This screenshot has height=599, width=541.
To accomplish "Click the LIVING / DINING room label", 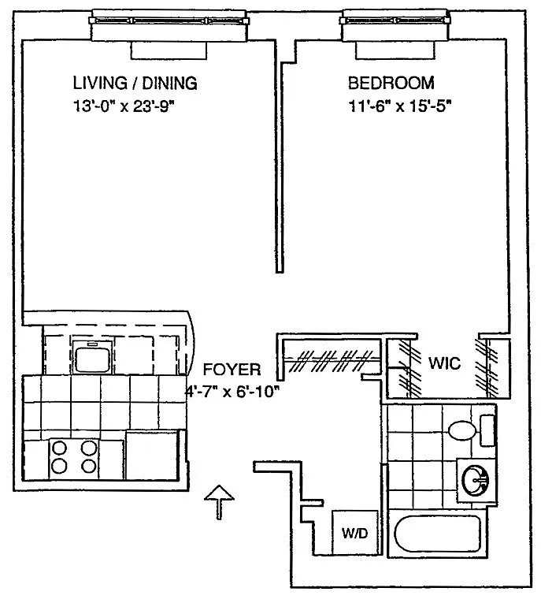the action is pyautogui.click(x=135, y=83).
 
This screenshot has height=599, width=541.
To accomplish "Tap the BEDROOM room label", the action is pyautogui.click(x=391, y=83).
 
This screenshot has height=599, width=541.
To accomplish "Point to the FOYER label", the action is pyautogui.click(x=232, y=370).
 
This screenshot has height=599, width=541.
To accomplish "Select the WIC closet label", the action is pyautogui.click(x=444, y=363).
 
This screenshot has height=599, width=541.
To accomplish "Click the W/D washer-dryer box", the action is pyautogui.click(x=355, y=532).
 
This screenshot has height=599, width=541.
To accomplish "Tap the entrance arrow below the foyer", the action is pyautogui.click(x=219, y=502).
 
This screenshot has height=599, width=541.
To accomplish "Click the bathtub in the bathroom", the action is pyautogui.click(x=437, y=534).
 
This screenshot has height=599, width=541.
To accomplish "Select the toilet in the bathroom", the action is pyautogui.click(x=462, y=430).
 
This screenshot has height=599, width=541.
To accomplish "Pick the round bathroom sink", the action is pyautogui.click(x=476, y=480).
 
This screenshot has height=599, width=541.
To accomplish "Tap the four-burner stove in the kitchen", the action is pyautogui.click(x=74, y=458).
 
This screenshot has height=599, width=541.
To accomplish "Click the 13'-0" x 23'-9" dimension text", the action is pyautogui.click(x=124, y=106).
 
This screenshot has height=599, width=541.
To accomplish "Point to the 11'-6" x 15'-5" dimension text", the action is pyautogui.click(x=400, y=106).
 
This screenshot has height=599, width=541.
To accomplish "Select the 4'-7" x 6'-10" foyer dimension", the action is pyautogui.click(x=232, y=392).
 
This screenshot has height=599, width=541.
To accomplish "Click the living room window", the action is pyautogui.click(x=169, y=20).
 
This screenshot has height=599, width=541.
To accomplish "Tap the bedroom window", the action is pyautogui.click(x=395, y=20).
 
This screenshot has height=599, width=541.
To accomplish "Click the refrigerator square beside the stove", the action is pyautogui.click(x=152, y=455).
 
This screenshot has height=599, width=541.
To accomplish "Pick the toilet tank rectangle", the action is pyautogui.click(x=487, y=430).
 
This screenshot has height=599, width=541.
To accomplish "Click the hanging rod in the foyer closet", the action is pyautogui.click(x=332, y=359).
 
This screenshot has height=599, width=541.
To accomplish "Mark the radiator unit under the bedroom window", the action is pyautogui.click(x=395, y=50).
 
